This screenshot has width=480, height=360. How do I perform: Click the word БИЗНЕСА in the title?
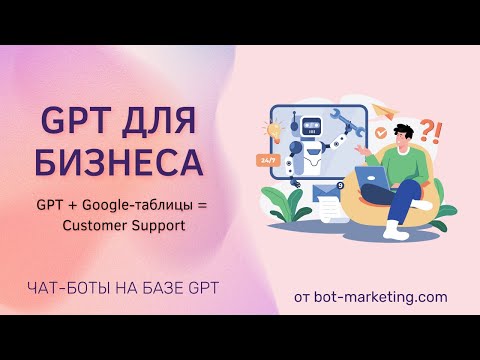pyautogui.click(x=119, y=163)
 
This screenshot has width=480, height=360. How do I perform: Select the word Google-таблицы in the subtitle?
pyautogui.click(x=137, y=205)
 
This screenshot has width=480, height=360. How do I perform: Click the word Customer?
pyautogui.click(x=94, y=226)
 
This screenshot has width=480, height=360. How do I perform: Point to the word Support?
pyautogui.click(x=158, y=226)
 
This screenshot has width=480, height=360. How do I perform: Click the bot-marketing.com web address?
pyautogui.click(x=381, y=297)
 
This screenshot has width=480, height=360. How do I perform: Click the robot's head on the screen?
pyautogui.click(x=312, y=127)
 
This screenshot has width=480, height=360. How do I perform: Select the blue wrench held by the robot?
pyautogui.click(x=347, y=122)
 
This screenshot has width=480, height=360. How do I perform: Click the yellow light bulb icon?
pyautogui.click(x=274, y=131)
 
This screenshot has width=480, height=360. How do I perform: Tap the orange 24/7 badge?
pyautogui.click(x=266, y=160)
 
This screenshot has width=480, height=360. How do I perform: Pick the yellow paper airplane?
pyautogui.click(x=384, y=111)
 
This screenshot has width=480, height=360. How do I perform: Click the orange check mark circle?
pyautogui.click(x=381, y=132)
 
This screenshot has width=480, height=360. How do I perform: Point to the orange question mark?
pyautogui.click(x=426, y=131)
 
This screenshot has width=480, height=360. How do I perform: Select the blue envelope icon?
pyautogui.click(x=326, y=192)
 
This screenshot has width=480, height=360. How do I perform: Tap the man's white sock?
pyautogui.click(x=395, y=230)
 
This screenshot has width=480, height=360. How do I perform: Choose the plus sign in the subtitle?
pyautogui.click(x=72, y=206)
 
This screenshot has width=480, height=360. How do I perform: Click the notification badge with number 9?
pyautogui.click(x=339, y=186)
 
